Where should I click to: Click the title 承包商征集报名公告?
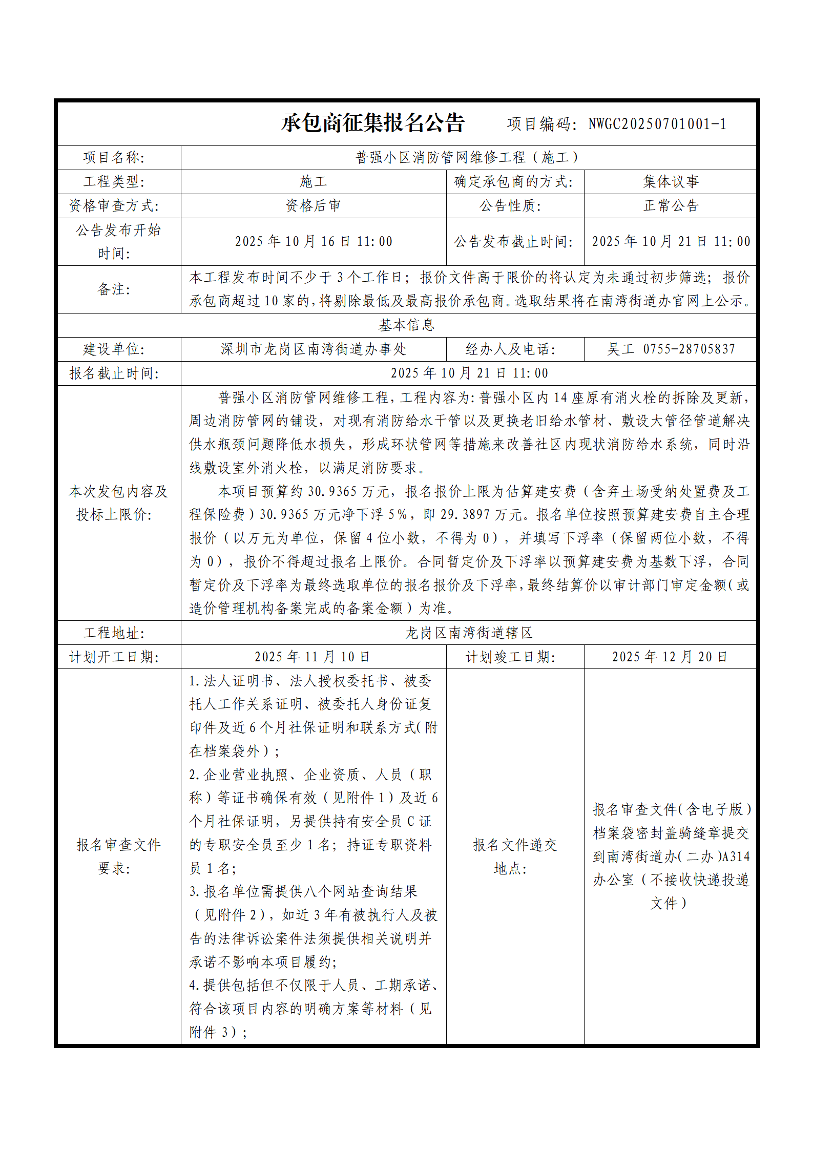click(372, 123)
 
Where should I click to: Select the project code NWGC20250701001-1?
click(657, 124)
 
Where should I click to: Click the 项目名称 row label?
click(114, 158)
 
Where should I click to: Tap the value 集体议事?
click(671, 182)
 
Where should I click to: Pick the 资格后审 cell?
click(313, 206)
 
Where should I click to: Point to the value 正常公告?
click(671, 206)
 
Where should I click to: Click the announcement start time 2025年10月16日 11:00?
click(313, 242)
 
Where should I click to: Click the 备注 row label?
click(114, 289)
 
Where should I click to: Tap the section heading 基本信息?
click(406, 325)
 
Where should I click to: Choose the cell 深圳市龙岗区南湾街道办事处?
click(313, 349)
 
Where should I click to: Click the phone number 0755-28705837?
click(689, 349)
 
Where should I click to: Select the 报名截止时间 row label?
click(114, 373)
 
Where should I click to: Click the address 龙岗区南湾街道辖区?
click(468, 633)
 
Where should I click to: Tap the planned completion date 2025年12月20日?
click(670, 657)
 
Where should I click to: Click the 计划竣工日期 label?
click(510, 657)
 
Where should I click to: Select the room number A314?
click(736, 856)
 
